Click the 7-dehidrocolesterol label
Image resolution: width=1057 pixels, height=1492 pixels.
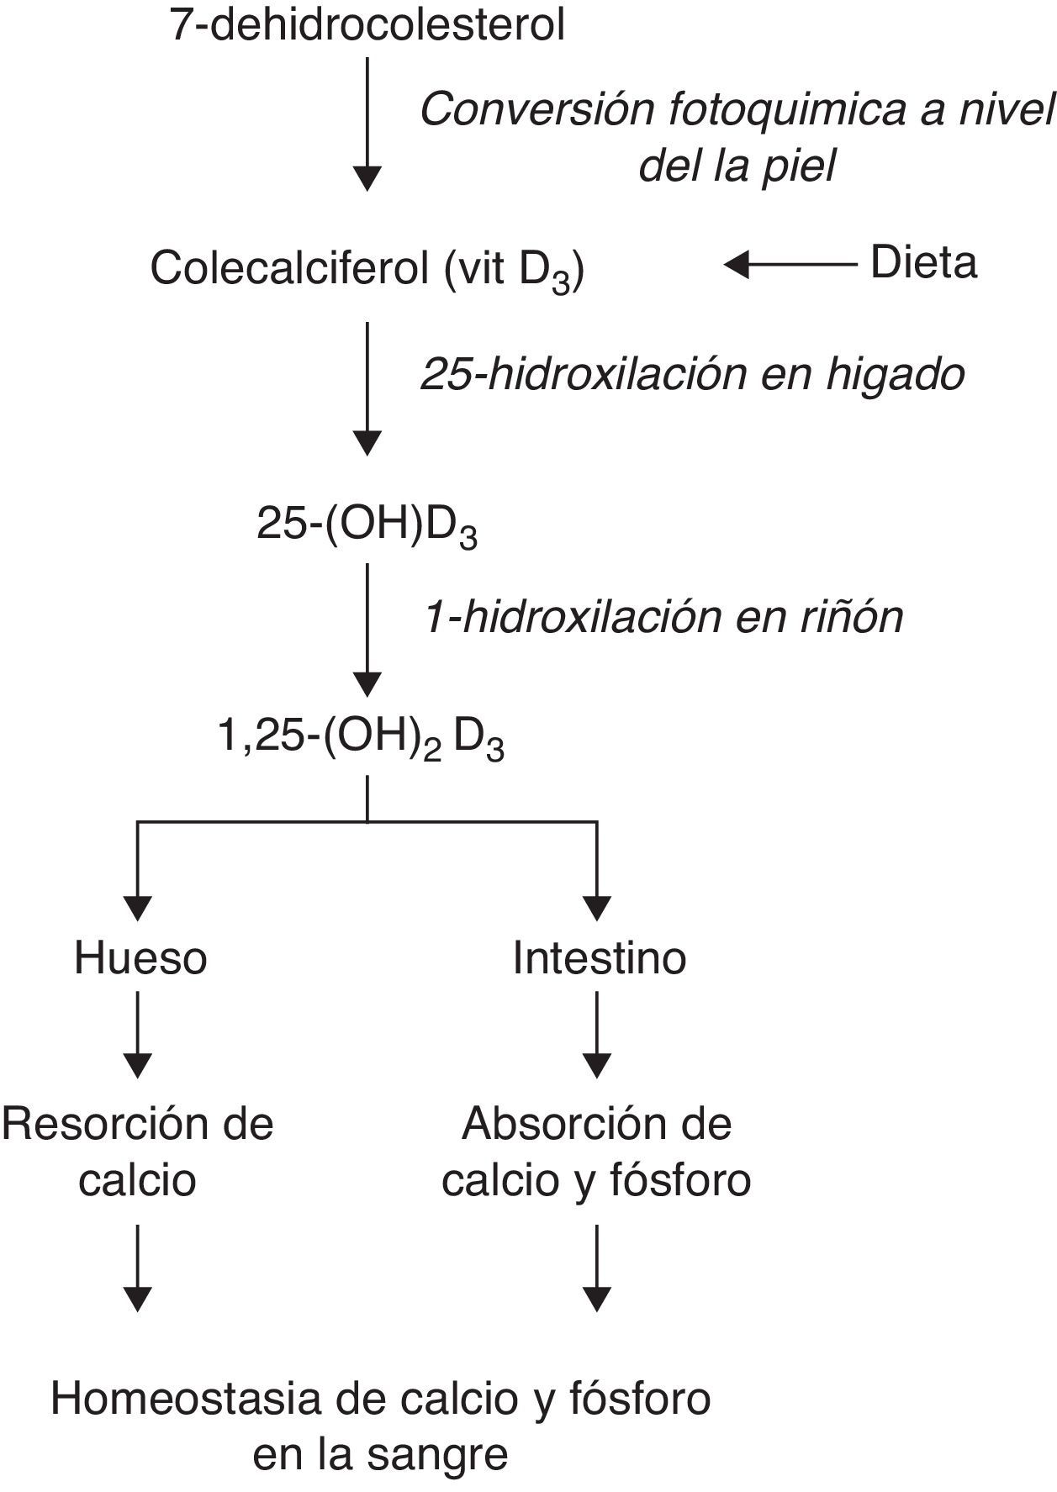click(x=367, y=25)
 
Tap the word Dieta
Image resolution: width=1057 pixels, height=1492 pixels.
click(x=923, y=262)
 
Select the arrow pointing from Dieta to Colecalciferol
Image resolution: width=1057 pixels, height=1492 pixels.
click(x=790, y=265)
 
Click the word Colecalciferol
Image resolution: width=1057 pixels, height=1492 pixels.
click(x=287, y=269)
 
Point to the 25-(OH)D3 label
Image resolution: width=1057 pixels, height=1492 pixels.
click(x=367, y=526)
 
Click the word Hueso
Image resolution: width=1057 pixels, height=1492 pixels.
click(x=140, y=957)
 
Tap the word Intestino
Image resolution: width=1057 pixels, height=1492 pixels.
click(x=600, y=957)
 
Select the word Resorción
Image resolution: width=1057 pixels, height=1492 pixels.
click(x=100, y=1124)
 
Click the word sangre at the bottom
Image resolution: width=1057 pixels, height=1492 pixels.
click(x=438, y=1455)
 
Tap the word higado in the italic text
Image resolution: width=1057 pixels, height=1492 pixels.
click(x=895, y=375)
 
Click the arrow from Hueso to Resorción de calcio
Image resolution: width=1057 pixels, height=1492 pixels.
click(x=137, y=1034)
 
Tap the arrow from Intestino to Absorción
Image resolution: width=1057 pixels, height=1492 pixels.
click(x=596, y=1034)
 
